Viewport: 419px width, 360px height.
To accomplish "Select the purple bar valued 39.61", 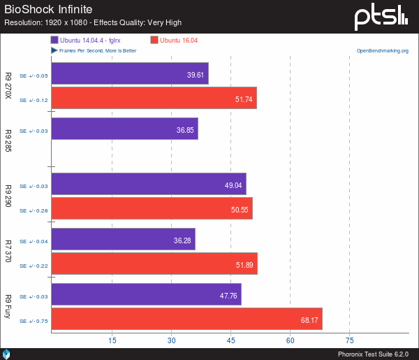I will (x=129, y=74).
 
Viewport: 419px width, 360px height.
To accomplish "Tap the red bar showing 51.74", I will (x=154, y=98).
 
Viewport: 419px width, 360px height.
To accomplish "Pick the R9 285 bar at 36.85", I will (x=124, y=129).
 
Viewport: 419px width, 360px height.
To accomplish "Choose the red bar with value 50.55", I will (x=152, y=208).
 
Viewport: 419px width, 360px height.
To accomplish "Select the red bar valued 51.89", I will (x=154, y=264).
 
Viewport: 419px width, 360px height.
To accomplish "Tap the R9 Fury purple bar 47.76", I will (x=146, y=294).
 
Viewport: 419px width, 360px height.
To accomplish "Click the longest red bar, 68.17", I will (x=186, y=319).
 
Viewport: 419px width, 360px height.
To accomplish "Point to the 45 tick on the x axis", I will (x=230, y=340).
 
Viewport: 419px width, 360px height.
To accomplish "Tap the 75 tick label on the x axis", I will (x=350, y=340).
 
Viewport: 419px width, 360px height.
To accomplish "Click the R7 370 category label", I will (x=8, y=251).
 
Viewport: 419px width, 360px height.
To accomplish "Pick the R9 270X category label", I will (x=8, y=86).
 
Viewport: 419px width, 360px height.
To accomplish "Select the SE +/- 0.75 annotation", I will (x=34, y=321).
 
